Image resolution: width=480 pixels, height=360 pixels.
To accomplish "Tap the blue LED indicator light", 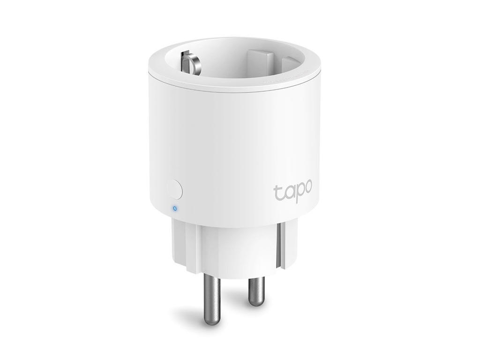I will point(175,208).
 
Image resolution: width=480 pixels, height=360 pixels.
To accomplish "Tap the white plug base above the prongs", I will point(225,248).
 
